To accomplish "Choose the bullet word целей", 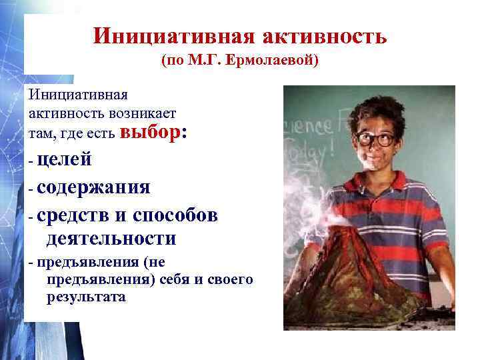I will (65, 159).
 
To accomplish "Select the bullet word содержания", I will (93, 187).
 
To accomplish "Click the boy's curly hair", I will (370, 110).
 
